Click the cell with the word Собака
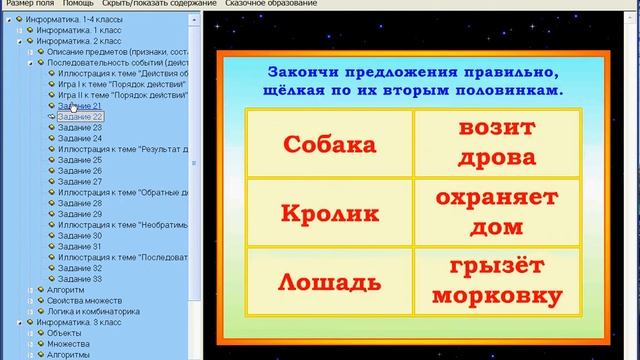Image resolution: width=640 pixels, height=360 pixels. click(329, 144)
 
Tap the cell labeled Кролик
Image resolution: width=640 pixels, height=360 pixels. click(329, 212)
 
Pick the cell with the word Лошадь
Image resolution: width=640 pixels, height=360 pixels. click(329, 281)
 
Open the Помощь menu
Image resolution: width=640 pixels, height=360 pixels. click(78, 4)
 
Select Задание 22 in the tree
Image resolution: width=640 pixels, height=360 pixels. click(80, 116)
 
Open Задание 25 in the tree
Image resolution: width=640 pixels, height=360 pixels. click(80, 159)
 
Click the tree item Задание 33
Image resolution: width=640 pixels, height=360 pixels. click(80, 279)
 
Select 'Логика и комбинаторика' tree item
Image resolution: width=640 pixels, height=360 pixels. click(93, 312)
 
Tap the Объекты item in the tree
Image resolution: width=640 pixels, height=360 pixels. click(65, 333)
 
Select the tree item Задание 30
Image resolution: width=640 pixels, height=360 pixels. click(80, 235)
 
